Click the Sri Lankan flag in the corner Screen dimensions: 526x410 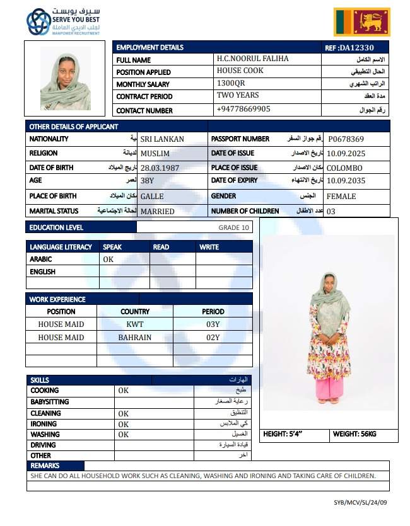coord(363,23)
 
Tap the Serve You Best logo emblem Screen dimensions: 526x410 coord(38,22)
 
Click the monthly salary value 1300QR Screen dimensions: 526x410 coord(231,83)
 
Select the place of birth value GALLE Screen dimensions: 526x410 coord(151,197)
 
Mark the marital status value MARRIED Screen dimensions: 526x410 coord(157,211)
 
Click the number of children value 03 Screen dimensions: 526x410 coord(331,211)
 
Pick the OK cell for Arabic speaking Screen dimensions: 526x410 coord(108,259)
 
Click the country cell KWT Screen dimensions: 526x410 coord(135,324)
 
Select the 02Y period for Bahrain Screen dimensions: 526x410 coord(213,337)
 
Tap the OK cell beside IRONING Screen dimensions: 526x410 coord(123,424)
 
